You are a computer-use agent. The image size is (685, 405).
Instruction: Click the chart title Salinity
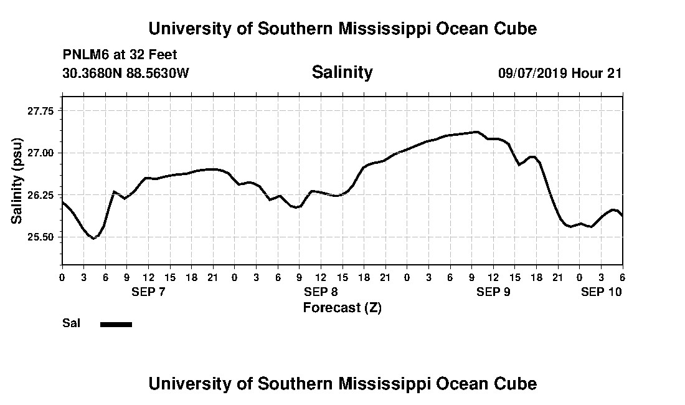pos(342,72)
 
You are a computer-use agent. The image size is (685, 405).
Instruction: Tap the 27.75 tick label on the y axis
pos(40,110)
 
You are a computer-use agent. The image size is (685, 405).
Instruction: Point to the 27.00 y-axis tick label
pos(40,153)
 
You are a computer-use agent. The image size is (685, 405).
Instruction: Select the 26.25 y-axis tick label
pos(40,195)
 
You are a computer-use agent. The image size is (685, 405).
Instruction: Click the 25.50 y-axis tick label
pos(40,237)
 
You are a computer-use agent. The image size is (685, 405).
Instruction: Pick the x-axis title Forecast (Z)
pos(342,308)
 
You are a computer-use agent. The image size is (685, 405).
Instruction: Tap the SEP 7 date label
pos(148,292)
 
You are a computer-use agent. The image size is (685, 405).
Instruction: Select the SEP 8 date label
pos(321,292)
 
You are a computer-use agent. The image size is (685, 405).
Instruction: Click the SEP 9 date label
pos(493,292)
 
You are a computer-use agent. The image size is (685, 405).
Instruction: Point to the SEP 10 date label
pos(601,292)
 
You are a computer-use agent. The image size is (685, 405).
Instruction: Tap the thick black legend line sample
pos(116,324)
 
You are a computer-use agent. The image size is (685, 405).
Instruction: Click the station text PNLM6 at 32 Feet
pos(120,55)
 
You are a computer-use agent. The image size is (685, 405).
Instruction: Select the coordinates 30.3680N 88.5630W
pos(125,73)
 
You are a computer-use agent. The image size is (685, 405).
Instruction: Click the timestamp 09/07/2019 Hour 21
pos(560,73)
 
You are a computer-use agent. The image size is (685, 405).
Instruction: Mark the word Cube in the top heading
pos(514,29)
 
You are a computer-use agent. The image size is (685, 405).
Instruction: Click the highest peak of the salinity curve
pos(476,131)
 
